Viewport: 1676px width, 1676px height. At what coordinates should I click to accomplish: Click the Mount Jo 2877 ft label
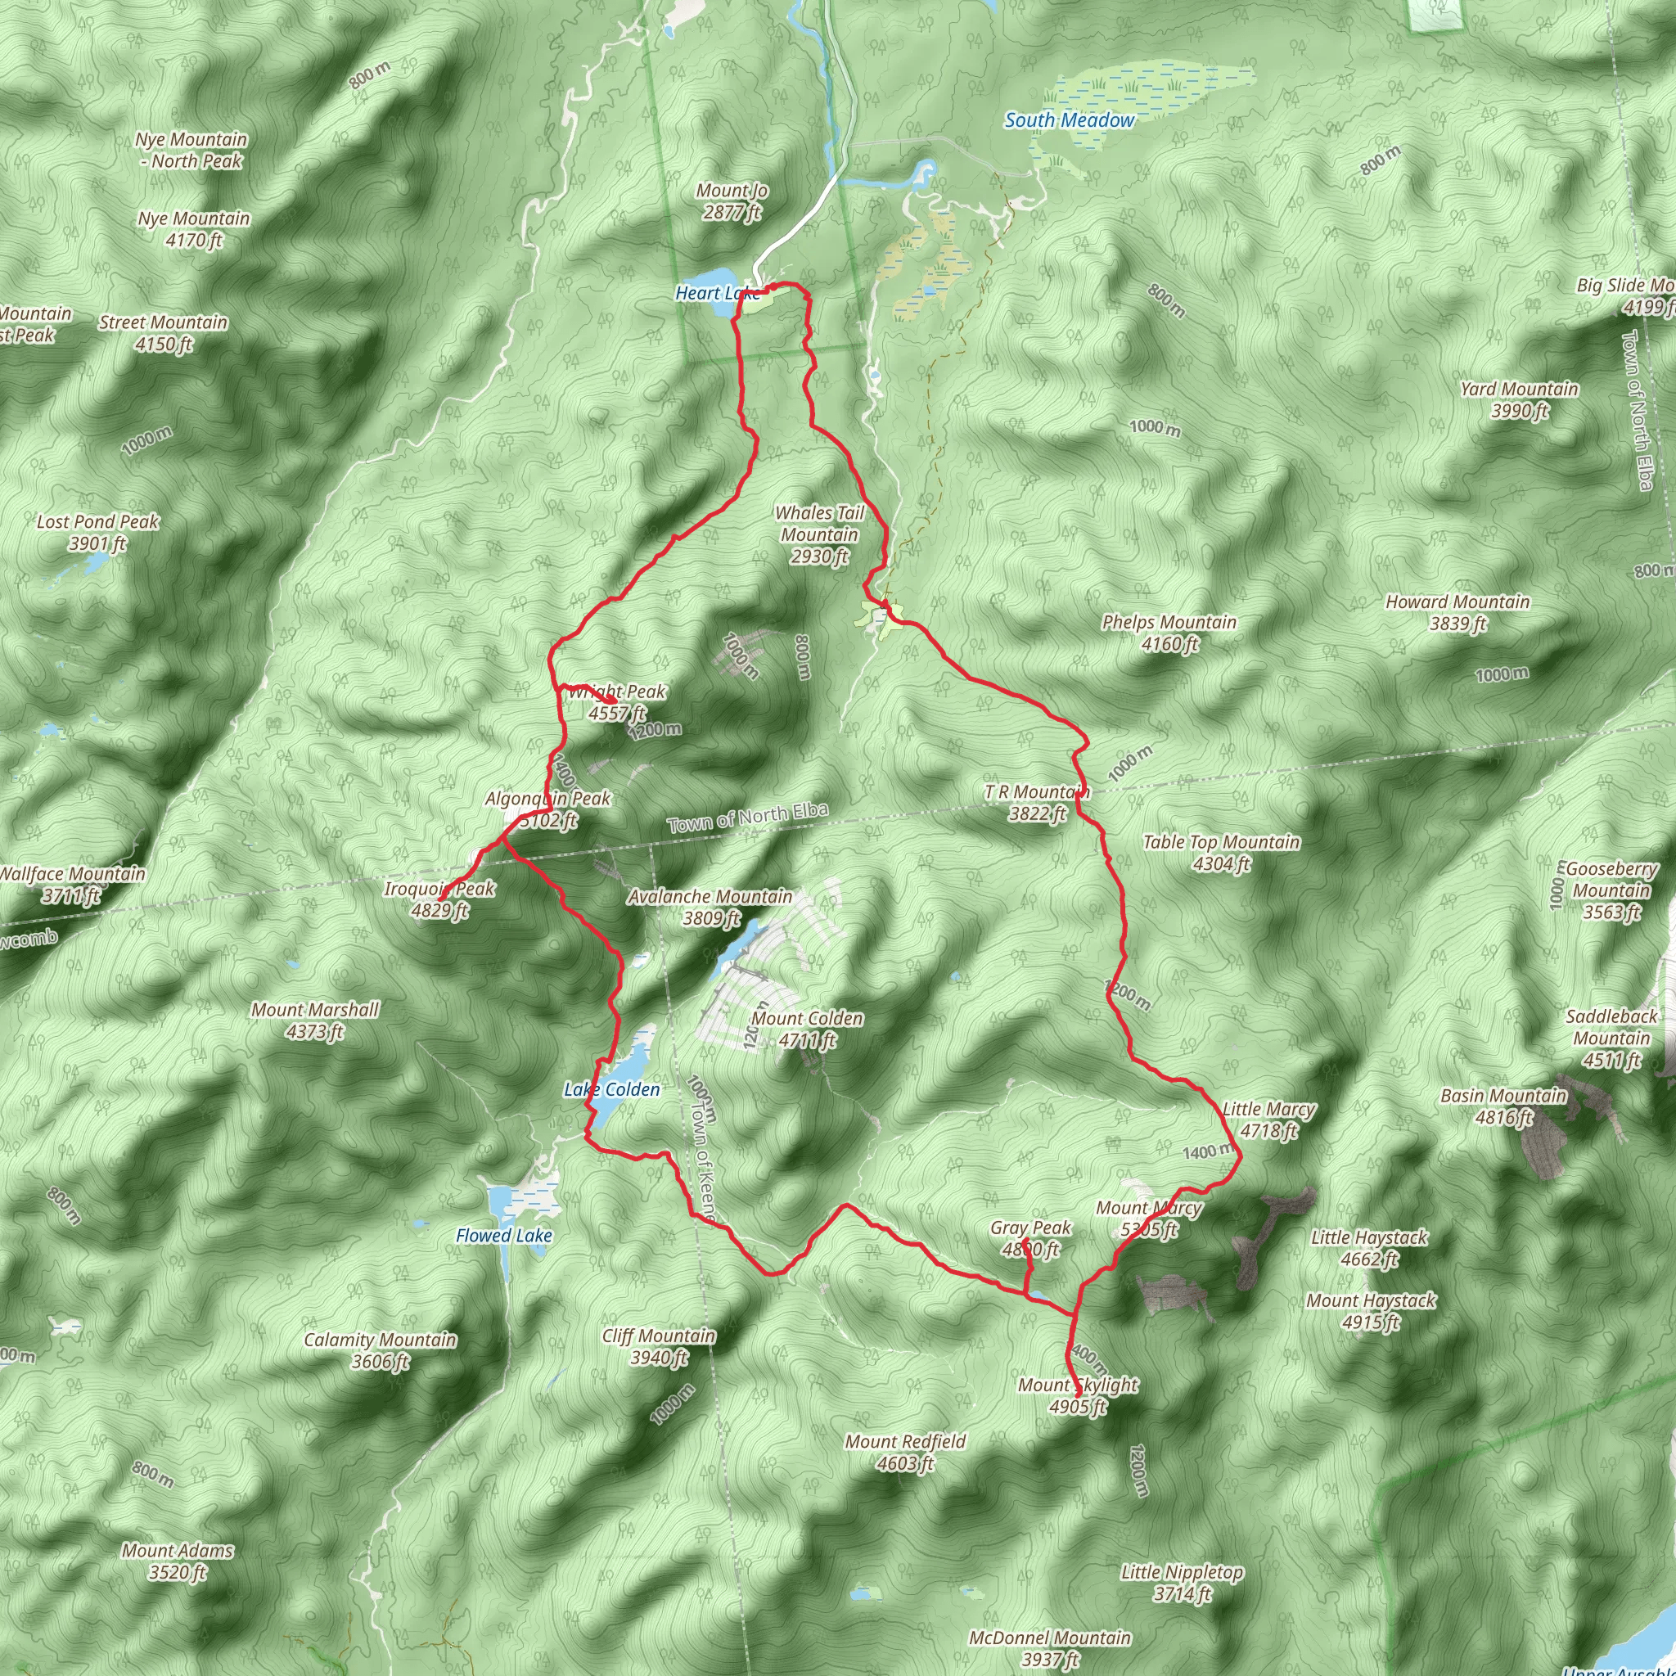[x=732, y=201]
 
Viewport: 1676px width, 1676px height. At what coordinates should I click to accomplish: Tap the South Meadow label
[x=1069, y=120]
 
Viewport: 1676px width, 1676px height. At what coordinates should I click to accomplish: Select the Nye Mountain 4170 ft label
[x=193, y=229]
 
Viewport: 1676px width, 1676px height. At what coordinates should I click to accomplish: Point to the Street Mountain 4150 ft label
[x=163, y=333]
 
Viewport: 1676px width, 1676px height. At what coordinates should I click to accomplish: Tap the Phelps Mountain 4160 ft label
[x=1169, y=633]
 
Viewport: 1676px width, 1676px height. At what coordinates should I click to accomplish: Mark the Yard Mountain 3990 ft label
[x=1518, y=399]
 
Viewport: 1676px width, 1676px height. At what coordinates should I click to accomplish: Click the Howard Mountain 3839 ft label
[x=1457, y=611]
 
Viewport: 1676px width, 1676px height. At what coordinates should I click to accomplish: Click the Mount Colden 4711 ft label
[x=807, y=1028]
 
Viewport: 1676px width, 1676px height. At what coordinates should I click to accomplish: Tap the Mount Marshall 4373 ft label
[x=315, y=1020]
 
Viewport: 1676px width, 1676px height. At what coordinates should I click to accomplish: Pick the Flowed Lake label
[x=504, y=1234]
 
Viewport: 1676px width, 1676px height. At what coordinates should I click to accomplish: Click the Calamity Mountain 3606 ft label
[x=380, y=1349]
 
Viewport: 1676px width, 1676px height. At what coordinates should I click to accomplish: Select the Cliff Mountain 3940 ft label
[x=659, y=1346]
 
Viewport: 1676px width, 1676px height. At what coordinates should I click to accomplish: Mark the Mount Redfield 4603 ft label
[x=905, y=1451]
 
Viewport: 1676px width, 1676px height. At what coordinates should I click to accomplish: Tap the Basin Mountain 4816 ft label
[x=1503, y=1106]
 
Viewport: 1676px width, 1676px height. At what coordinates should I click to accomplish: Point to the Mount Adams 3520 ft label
[x=177, y=1561]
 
